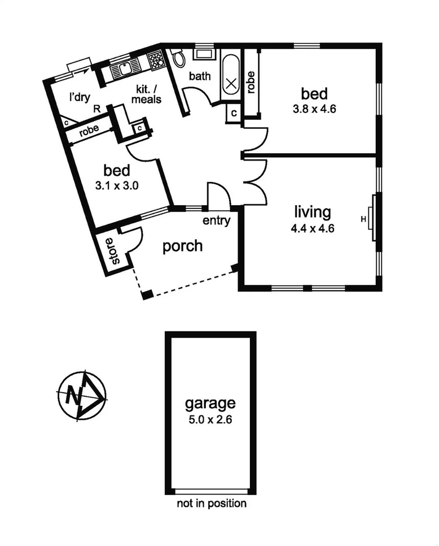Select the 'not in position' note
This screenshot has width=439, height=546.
point(211,502)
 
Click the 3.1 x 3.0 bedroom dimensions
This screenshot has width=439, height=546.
point(117,185)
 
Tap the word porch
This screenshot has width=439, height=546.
point(182,246)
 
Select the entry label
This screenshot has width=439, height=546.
point(216,221)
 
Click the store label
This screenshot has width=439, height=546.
point(115,251)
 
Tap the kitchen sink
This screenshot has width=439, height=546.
point(123,69)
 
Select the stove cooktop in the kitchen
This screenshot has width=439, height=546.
point(155,62)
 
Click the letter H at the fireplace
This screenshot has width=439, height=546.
point(363,219)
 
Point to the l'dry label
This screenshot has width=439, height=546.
point(79,97)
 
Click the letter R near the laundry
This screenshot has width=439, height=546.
point(97,108)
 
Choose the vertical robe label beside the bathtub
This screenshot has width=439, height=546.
point(251,83)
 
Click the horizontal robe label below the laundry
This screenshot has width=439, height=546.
point(89,130)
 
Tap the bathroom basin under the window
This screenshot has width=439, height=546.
point(202,55)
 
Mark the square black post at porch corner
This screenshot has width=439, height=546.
point(147,294)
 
